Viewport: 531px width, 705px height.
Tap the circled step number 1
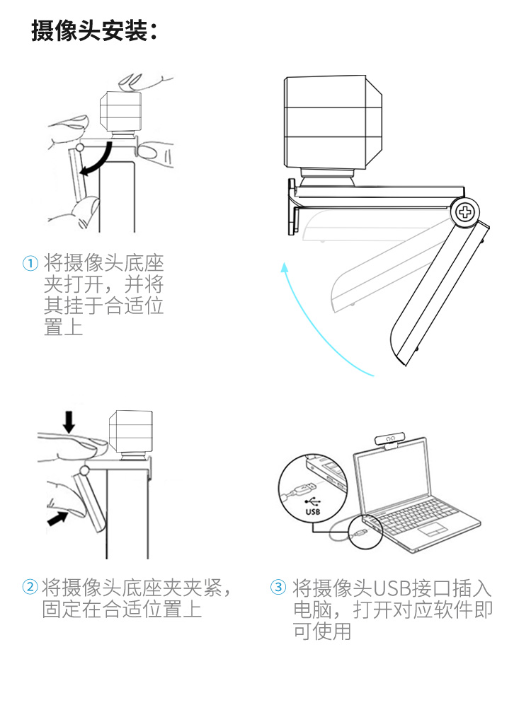[x=30, y=263]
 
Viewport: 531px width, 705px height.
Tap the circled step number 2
[x=30, y=586]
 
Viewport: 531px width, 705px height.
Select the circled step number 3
[x=278, y=586]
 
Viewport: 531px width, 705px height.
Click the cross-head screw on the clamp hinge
[x=465, y=211]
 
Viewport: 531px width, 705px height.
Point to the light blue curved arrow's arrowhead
[x=285, y=267]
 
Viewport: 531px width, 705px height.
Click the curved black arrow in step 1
[x=100, y=160]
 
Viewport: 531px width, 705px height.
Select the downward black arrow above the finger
[x=69, y=421]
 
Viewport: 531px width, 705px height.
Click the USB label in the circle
[x=313, y=512]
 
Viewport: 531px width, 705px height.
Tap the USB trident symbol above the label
[x=313, y=501]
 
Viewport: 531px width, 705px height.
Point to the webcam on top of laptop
[x=389, y=439]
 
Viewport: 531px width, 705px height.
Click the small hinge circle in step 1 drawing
[x=79, y=147]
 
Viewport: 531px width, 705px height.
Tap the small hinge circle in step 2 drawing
[x=84, y=471]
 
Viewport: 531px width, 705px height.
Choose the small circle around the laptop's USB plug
[x=365, y=532]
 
